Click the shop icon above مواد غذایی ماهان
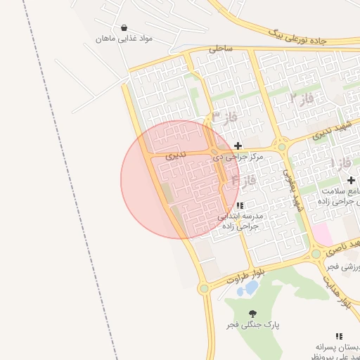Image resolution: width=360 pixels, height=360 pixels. [124, 27]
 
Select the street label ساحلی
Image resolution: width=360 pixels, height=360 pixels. [220, 49]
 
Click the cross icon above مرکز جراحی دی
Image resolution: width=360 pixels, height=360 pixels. [238, 146]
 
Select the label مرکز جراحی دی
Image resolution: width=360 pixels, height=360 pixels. [238, 157]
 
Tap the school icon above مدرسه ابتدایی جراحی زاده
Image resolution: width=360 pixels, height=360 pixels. [241, 205]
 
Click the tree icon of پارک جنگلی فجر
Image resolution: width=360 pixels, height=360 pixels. [253, 314]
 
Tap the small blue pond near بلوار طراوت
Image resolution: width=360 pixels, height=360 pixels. [248, 288]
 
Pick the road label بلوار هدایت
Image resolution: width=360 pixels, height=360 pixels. [337, 290]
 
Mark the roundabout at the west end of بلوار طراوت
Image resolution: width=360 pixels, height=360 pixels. [204, 288]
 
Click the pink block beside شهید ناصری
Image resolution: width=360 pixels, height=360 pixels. [321, 233]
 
